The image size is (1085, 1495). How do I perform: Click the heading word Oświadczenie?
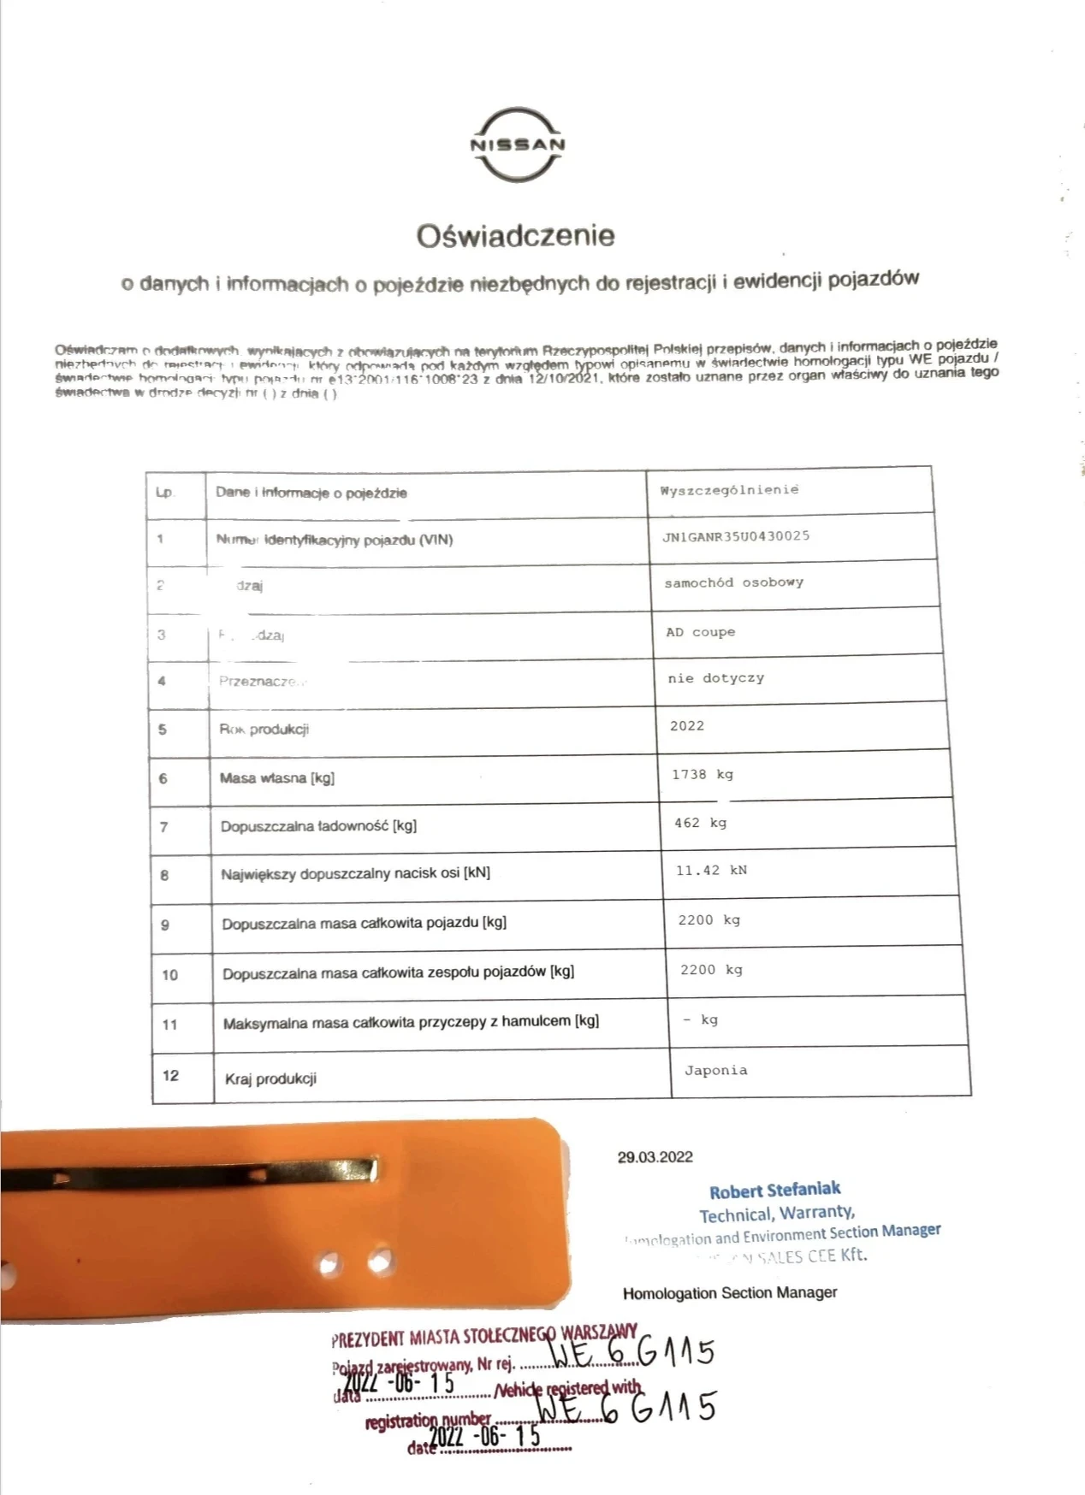(515, 235)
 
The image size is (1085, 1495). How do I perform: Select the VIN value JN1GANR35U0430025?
(735, 536)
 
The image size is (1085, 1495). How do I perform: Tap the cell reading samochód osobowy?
(733, 582)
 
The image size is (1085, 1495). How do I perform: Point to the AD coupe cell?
(700, 632)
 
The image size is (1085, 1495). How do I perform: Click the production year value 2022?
(686, 726)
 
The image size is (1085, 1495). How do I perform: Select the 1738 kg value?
(702, 774)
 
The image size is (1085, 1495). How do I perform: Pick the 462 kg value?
(700, 823)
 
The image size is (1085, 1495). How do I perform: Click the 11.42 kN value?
(711, 871)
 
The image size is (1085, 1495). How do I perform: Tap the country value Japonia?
(715, 1070)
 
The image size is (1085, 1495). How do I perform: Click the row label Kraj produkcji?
(270, 1078)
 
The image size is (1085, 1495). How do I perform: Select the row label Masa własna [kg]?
(276, 777)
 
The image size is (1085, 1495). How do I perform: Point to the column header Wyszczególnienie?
(729, 490)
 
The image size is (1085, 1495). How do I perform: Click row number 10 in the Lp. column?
(170, 974)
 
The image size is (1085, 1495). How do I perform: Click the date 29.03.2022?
(655, 1157)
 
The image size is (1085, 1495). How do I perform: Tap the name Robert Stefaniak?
(774, 1190)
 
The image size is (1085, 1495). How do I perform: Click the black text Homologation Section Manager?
(729, 1293)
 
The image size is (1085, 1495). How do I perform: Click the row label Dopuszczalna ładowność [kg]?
(318, 826)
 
